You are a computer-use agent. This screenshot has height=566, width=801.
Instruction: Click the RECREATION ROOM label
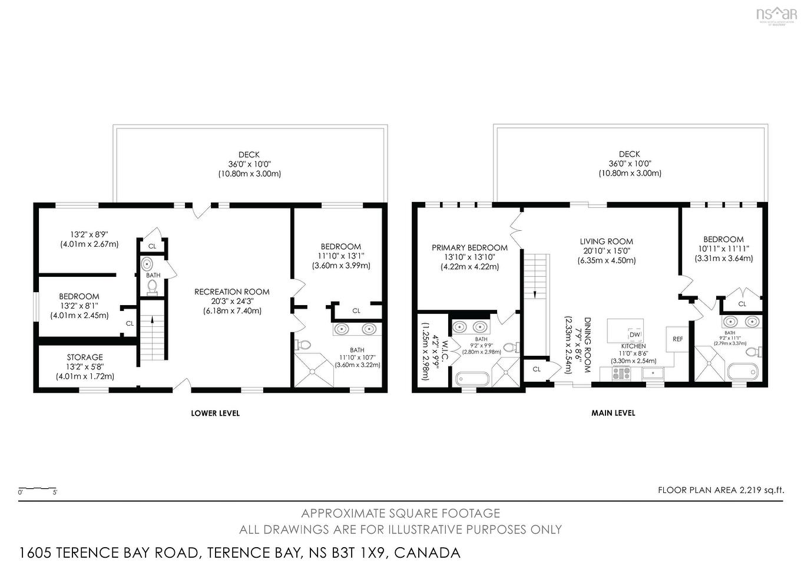232,292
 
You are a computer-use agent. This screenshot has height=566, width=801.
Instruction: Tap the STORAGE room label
85,357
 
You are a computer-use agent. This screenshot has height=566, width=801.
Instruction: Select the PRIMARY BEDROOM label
469,247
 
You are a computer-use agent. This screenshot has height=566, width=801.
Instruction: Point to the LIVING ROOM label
606,241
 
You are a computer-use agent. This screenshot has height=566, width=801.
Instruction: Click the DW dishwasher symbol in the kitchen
634,335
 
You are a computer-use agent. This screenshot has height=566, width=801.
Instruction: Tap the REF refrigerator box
677,339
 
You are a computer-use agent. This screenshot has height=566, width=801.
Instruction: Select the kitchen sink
653,373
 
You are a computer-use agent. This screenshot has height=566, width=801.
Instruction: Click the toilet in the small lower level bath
153,286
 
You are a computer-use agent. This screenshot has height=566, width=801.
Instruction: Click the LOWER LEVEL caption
215,413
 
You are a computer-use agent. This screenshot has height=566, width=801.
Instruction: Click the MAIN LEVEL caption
613,413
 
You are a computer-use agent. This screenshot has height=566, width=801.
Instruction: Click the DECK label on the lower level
249,154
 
